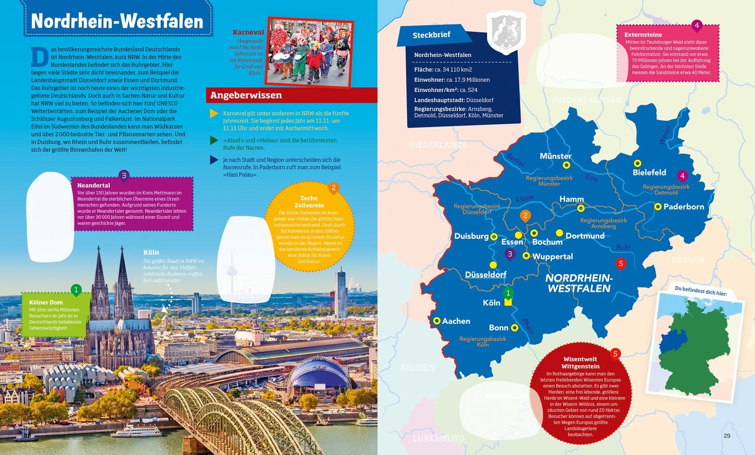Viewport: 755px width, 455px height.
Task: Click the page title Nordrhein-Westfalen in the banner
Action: pos(117,21)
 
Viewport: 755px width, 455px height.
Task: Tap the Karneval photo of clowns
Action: pos(309,52)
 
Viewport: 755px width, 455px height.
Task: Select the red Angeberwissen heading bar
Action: pos(292,95)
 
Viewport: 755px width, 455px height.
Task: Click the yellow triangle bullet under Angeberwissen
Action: pos(214,114)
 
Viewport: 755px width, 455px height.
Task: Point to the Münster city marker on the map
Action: pos(566,165)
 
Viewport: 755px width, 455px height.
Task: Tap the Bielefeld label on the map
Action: pos(649,172)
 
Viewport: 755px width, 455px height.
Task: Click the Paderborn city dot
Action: pos(657,207)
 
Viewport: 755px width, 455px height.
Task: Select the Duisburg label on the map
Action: pos(471,236)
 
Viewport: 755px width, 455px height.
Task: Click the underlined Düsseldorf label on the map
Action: pos(486,274)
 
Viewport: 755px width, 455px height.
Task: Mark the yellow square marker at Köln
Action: pos(508,302)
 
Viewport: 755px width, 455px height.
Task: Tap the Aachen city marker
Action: pos(437,321)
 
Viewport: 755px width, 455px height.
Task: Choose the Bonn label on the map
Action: pos(499,328)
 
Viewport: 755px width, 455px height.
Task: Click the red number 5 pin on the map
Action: pos(621,263)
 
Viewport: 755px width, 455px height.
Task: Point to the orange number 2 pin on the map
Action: pos(525,216)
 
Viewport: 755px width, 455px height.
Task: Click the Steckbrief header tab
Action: pos(432,35)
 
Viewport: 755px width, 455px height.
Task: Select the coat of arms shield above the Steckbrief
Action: pos(506,31)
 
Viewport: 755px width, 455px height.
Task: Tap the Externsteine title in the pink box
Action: pos(643,35)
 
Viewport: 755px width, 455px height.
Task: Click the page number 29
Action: pos(727,436)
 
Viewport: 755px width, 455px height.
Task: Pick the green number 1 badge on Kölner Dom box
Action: pos(76,290)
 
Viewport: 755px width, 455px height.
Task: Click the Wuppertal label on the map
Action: pos(552,257)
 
